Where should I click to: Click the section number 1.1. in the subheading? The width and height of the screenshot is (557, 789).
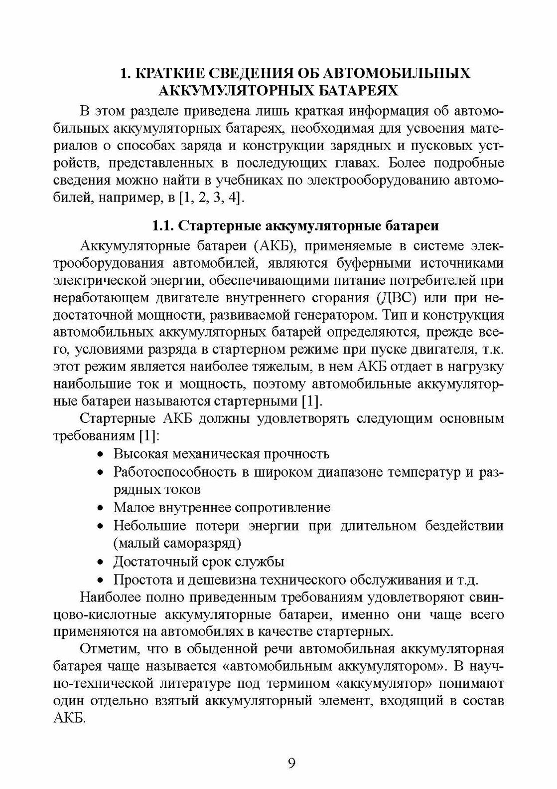point(163,226)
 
